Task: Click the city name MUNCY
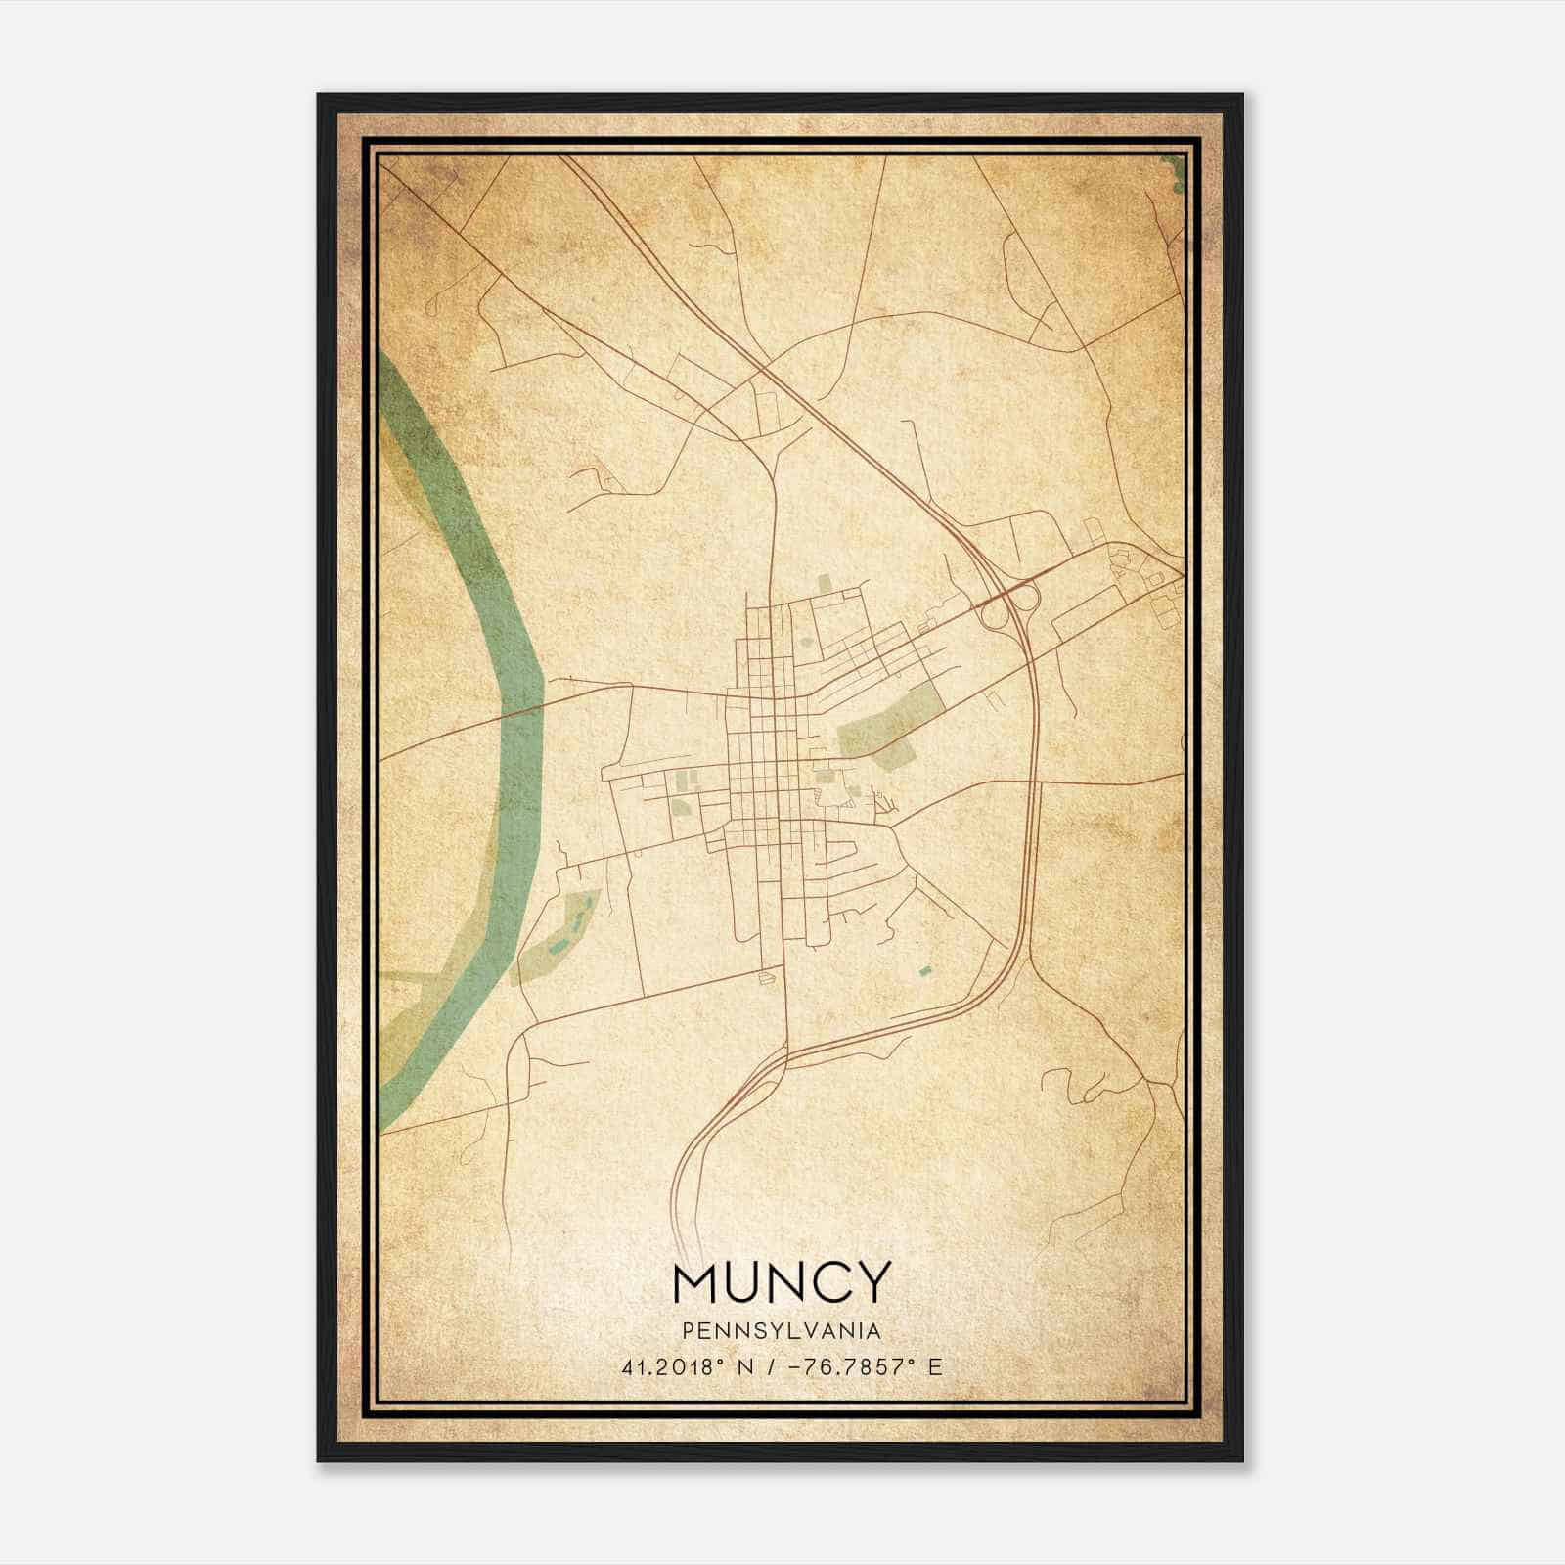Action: tap(782, 1281)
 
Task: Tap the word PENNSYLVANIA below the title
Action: tap(782, 1331)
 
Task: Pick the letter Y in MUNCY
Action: tap(873, 1281)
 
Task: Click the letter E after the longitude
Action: tap(935, 1367)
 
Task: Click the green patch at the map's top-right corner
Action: tap(1177, 171)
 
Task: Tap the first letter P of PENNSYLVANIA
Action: tap(688, 1331)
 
